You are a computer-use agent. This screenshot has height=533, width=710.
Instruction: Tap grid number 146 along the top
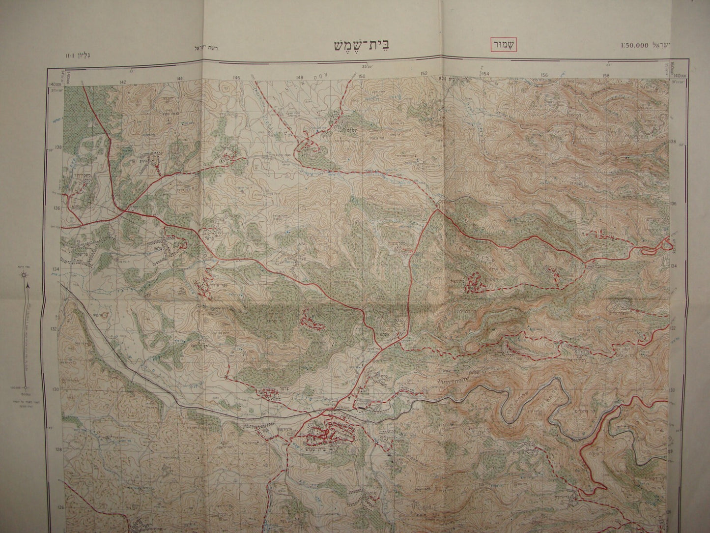237,78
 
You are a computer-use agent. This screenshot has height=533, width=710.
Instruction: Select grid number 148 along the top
300,77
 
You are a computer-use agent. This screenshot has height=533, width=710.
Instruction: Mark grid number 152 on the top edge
424,74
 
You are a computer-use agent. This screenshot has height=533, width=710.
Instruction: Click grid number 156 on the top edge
544,75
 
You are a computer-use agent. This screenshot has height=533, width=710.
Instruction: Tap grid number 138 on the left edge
58,147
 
